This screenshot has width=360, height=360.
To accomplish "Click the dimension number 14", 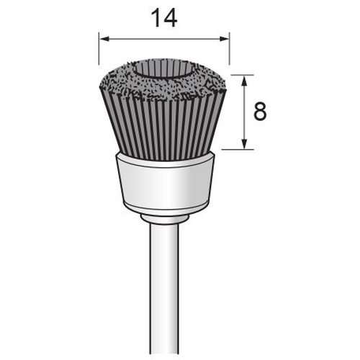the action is [164, 18].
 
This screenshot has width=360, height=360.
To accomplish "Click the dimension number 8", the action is [260, 112].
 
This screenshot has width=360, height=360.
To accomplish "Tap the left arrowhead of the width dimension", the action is [104, 39].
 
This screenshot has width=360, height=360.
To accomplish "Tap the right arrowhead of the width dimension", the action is [225, 39].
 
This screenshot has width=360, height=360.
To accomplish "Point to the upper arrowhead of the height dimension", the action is [244, 80].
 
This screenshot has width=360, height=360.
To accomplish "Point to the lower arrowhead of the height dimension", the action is [244, 144].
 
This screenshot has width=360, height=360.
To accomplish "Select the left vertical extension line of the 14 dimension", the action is [99, 49].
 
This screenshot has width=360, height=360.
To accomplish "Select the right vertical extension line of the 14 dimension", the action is [230, 49].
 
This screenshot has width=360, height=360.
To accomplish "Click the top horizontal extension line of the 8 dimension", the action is [243, 75].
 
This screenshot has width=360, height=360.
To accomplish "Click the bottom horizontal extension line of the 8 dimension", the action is [238, 150].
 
